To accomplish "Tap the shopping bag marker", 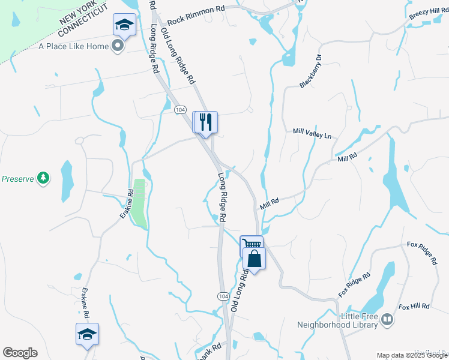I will coord(255,259).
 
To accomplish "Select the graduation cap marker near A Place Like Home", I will coord(124,25).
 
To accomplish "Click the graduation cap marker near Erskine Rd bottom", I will coord(87,334).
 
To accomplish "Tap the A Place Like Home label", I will coord(74,46).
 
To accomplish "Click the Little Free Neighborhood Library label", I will coord(338,320).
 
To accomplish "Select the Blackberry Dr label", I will coord(311,72).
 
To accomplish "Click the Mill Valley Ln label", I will coord(312,133).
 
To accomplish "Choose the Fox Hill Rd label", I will coord(414,306).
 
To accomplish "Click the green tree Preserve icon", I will coord(43,178).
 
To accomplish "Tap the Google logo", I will coord(20,353).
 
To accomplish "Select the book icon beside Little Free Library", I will coord(387,320).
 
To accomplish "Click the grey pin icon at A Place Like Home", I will coord(118,46).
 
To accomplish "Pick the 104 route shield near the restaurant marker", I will coord(180,110).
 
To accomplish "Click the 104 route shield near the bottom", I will coord(223,296).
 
